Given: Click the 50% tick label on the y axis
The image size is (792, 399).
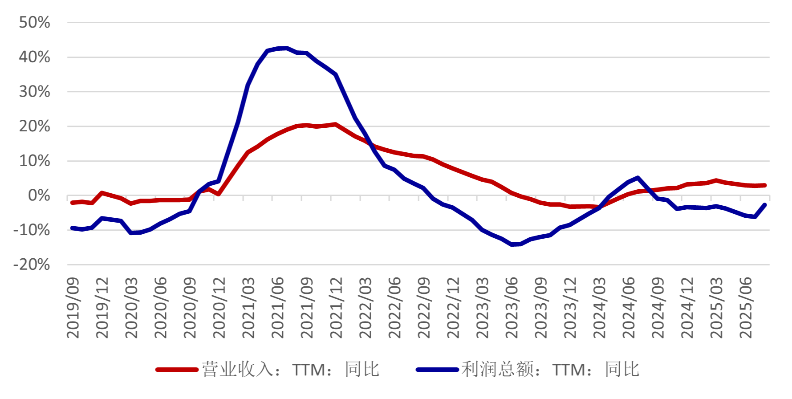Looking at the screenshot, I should tap(34, 23).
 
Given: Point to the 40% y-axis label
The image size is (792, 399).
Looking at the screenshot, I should tap(34, 57).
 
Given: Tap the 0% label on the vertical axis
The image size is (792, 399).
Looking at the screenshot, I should tap(39, 195).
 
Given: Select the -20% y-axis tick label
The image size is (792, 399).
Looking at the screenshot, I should tap(32, 265).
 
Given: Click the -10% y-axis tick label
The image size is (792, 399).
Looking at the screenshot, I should tap(32, 230).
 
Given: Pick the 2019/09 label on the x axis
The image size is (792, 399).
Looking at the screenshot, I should tap(73, 307).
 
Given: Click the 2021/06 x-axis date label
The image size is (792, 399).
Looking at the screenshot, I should tap(277, 307).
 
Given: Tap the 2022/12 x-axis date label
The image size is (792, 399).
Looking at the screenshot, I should tap(453, 307).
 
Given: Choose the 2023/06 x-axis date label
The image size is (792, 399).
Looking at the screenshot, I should tap(512, 307).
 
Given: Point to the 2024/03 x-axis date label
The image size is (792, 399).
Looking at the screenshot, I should tap(599, 307).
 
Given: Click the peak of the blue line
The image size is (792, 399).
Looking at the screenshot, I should tap(286, 48).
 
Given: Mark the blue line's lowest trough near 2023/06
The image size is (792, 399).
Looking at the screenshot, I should tap(512, 244).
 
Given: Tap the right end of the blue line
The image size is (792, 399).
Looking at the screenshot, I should tap(765, 205).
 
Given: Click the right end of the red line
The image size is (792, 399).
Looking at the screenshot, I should tap(765, 185).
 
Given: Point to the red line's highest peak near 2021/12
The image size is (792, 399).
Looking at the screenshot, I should tap(335, 124).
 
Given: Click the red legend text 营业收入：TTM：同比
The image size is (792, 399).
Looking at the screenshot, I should tap(291, 370).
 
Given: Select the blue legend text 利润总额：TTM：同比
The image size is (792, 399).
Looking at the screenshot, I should tap(551, 370).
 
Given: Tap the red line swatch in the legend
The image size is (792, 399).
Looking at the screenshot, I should tap(177, 370).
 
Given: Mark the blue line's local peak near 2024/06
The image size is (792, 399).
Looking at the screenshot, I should tap(638, 178).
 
